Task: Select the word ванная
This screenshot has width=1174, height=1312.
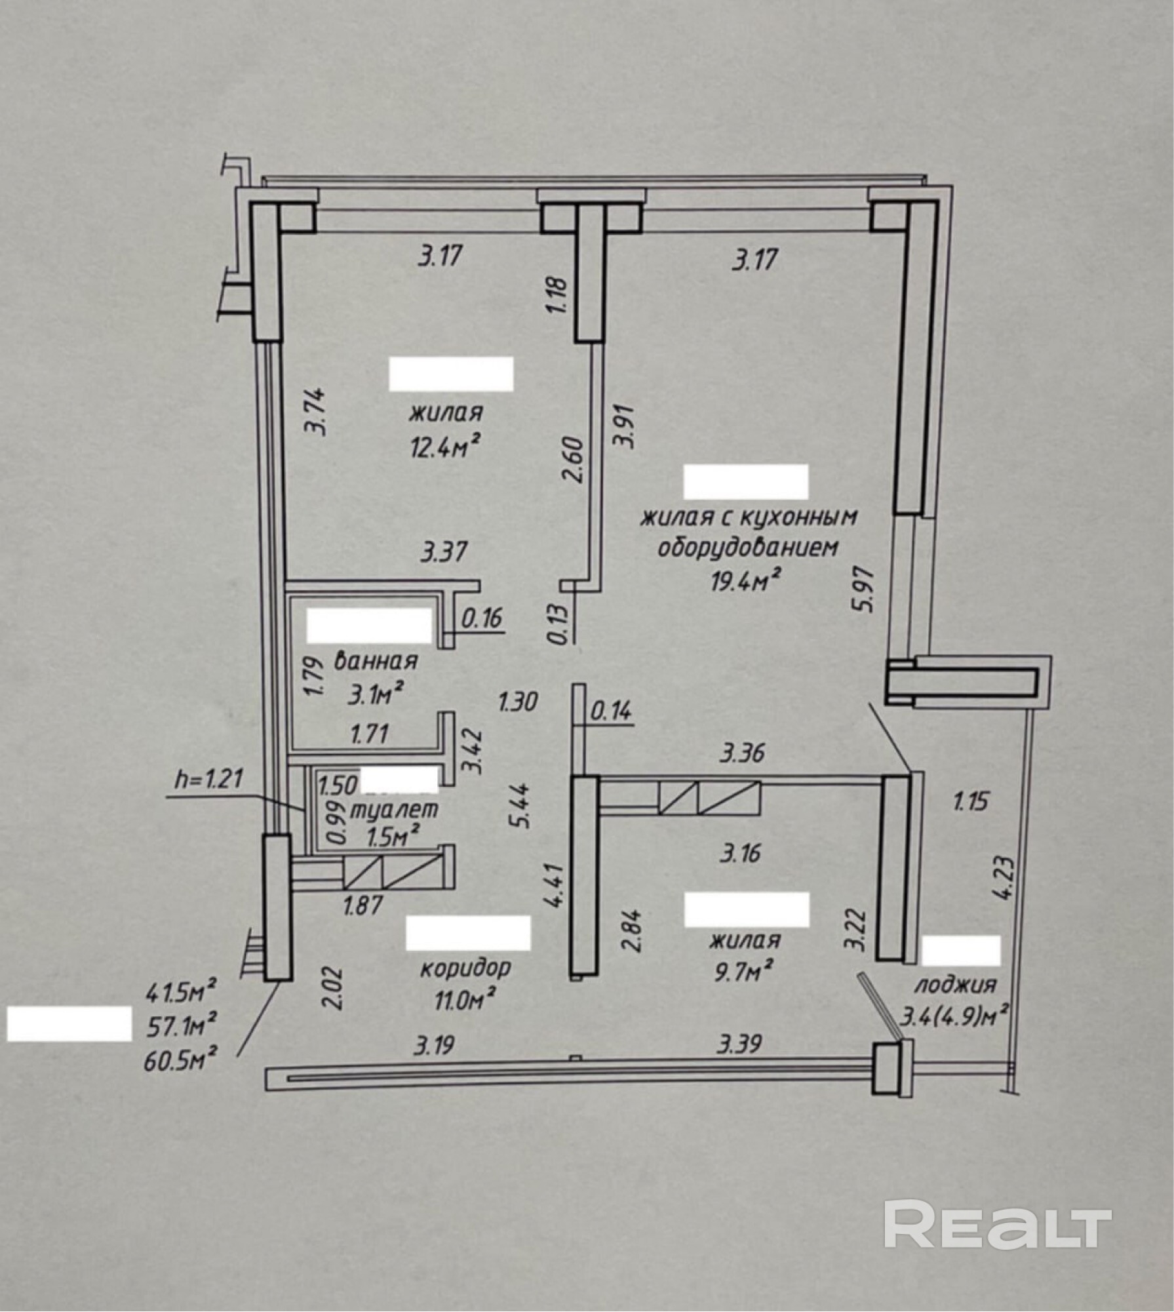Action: point(376,660)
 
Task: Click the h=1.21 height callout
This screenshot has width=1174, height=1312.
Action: point(209,779)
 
